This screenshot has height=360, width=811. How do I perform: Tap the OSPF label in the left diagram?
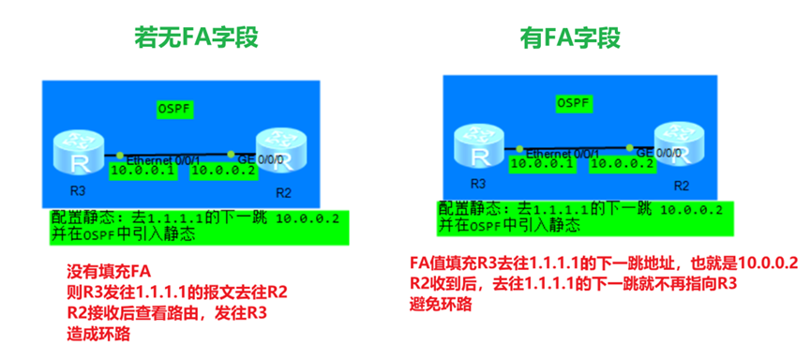tap(173, 110)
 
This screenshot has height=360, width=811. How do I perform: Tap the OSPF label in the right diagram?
tap(573, 102)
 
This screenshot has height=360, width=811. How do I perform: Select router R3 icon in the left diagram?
tap(77, 155)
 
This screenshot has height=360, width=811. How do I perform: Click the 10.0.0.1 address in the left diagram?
tap(143, 171)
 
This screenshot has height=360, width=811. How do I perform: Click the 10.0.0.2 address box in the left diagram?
tap(222, 171)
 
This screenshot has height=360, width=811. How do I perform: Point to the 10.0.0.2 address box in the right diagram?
tap(623, 163)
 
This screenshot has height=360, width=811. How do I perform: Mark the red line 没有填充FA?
tap(109, 273)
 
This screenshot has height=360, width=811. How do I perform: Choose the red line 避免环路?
tap(440, 305)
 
